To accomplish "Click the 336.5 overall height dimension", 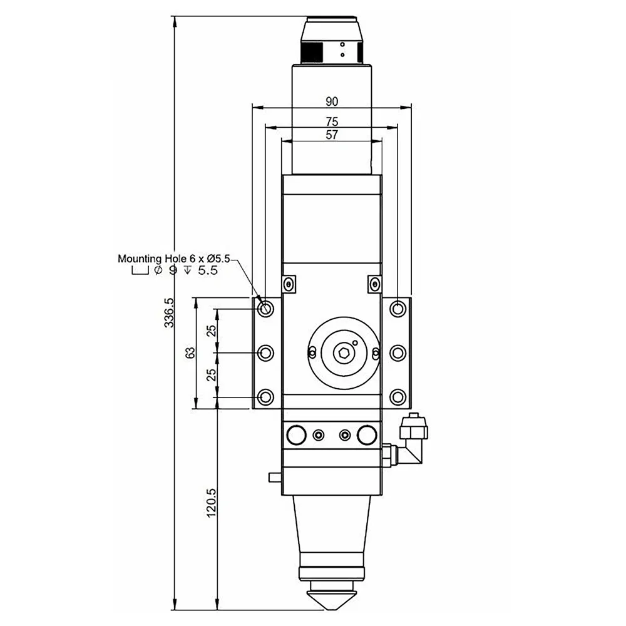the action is (x=169, y=312).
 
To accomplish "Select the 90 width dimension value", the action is (x=332, y=102).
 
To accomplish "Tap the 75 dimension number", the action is (x=332, y=121).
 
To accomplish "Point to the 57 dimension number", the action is (x=332, y=135).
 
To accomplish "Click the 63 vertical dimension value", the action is (x=190, y=352).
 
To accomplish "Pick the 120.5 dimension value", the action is (x=211, y=503).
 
